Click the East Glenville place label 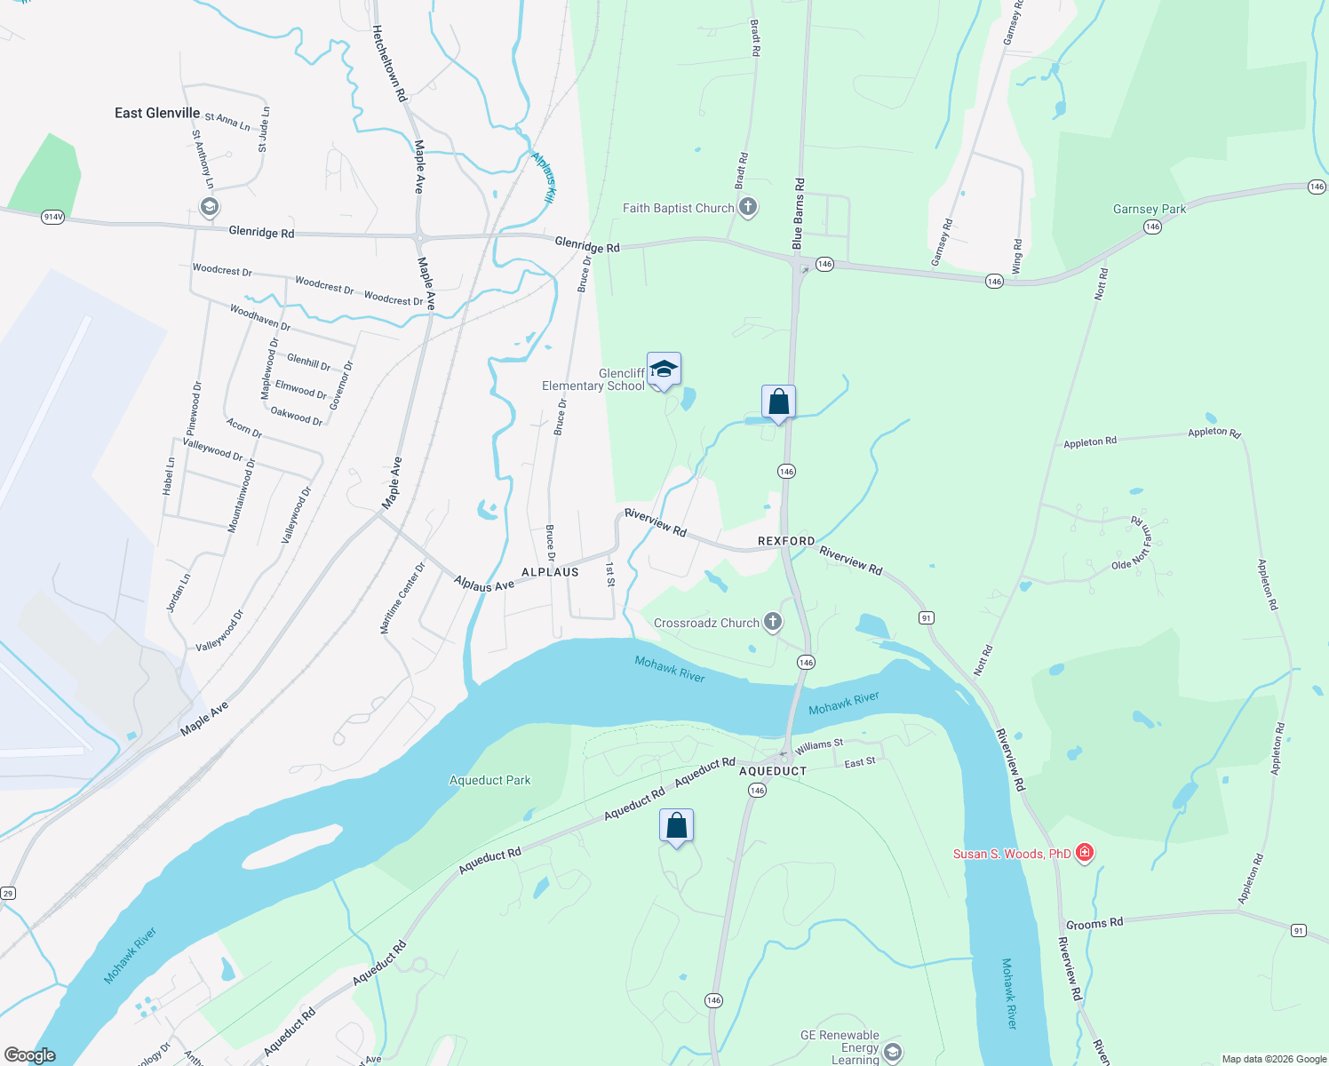click(x=157, y=113)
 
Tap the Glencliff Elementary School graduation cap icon click(x=664, y=369)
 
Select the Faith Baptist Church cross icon click(x=748, y=208)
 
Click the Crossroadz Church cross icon click(x=773, y=622)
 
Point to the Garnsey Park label click(x=1150, y=210)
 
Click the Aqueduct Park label click(x=489, y=781)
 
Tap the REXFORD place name click(x=786, y=541)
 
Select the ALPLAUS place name click(x=550, y=572)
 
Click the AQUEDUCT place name click(x=773, y=771)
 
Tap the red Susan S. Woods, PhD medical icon click(x=1084, y=853)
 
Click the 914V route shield click(x=52, y=217)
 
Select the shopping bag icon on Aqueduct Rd click(x=676, y=826)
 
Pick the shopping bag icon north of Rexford click(x=778, y=402)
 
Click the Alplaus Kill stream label click(x=544, y=177)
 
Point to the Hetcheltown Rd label click(x=389, y=63)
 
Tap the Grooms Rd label click(x=1094, y=924)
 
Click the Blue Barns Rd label click(x=798, y=213)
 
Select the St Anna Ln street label click(x=227, y=121)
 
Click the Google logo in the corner click(x=29, y=1055)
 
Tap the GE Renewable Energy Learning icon click(x=893, y=1053)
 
